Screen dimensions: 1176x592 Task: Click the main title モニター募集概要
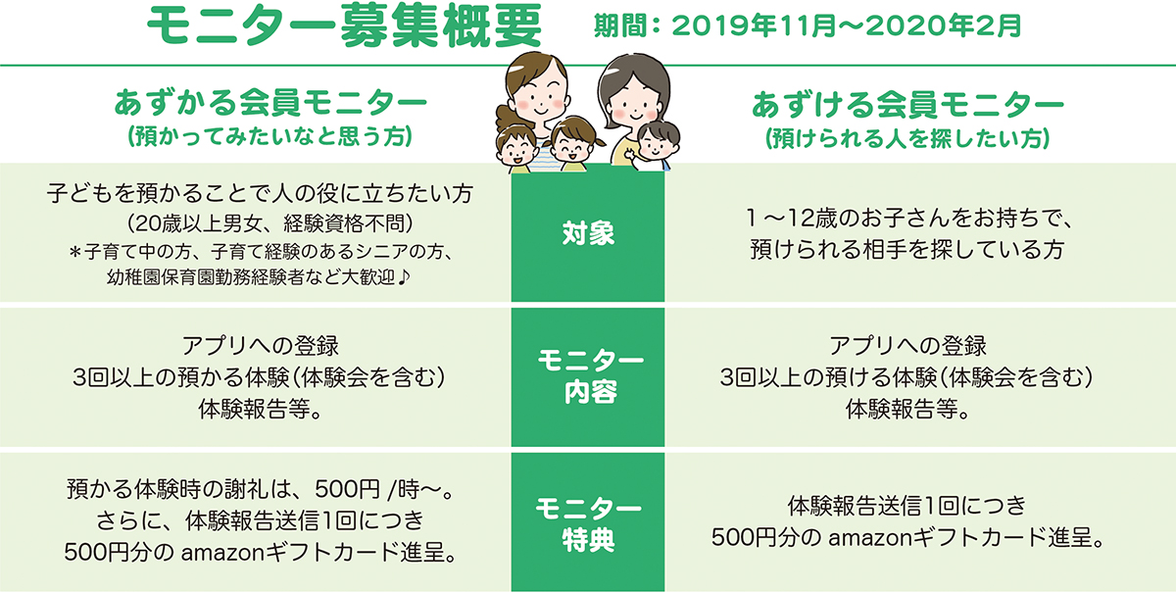click(x=344, y=25)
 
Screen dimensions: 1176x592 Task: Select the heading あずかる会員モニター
click(x=270, y=102)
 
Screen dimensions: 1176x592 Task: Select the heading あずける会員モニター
click(x=907, y=105)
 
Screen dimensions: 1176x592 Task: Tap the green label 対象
click(x=588, y=232)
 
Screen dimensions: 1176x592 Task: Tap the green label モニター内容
click(x=590, y=376)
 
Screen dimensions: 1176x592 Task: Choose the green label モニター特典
click(x=588, y=523)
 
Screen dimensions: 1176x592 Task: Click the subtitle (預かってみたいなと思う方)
click(x=269, y=136)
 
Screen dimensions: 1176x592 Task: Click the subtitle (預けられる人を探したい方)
click(x=907, y=138)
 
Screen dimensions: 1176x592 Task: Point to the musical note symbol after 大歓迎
click(x=403, y=276)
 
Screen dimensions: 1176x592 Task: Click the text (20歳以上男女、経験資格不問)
click(x=269, y=223)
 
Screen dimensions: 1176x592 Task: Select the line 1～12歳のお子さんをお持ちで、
click(x=908, y=218)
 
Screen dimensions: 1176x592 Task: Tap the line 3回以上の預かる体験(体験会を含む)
click(x=259, y=377)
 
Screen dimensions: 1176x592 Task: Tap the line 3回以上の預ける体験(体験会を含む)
click(x=906, y=377)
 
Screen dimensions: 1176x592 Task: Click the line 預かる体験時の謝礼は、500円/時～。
click(x=260, y=489)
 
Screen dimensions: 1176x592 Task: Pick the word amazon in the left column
click(x=222, y=553)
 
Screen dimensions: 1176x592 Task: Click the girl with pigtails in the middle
click(x=572, y=143)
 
